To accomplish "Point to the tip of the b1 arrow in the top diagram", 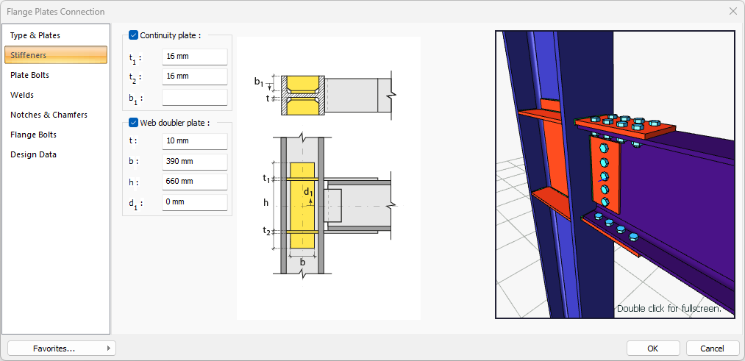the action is pos(270,88).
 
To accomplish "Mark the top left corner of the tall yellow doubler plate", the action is pos(290,163).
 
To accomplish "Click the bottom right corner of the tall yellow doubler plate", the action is pos(315,249).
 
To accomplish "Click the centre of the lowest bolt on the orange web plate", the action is pos(605,202).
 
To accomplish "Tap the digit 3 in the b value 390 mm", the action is pos(168,162).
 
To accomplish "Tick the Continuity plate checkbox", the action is pos(134,35).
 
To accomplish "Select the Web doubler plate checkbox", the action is pos(134,123).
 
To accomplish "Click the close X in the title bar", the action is pos(732,12).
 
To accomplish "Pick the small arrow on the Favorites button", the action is pos(109,349).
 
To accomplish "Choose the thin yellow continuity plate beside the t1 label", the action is pos(302,179).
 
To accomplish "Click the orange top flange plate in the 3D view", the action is pos(625,126).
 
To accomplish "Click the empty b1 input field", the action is pos(195,98).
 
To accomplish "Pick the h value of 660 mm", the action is pos(195,182).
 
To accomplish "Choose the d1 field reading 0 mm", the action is pos(195,202).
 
